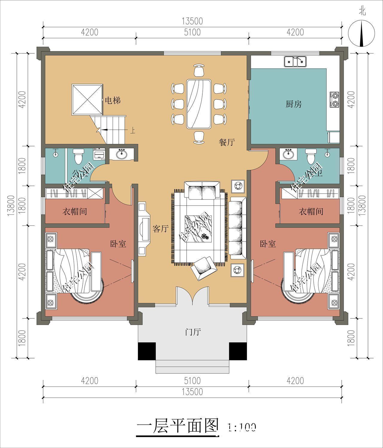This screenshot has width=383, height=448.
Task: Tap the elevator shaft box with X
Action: tap(87, 100)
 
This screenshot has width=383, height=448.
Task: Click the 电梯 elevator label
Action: tap(113, 100)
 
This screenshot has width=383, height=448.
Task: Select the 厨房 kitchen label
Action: tap(293, 104)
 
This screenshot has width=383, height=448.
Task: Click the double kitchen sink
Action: tap(295, 62)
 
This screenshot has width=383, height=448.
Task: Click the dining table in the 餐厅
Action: tap(199, 104)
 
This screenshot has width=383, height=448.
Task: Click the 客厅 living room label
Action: tap(161, 229)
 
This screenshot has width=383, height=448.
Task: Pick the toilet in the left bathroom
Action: tap(78, 156)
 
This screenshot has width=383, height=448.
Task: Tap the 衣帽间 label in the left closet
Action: tap(75, 212)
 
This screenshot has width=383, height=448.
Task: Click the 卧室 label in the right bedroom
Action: tap(268, 244)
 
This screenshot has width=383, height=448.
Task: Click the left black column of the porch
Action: tap(147, 351)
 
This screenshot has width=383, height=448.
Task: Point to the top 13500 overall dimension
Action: tap(192, 21)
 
